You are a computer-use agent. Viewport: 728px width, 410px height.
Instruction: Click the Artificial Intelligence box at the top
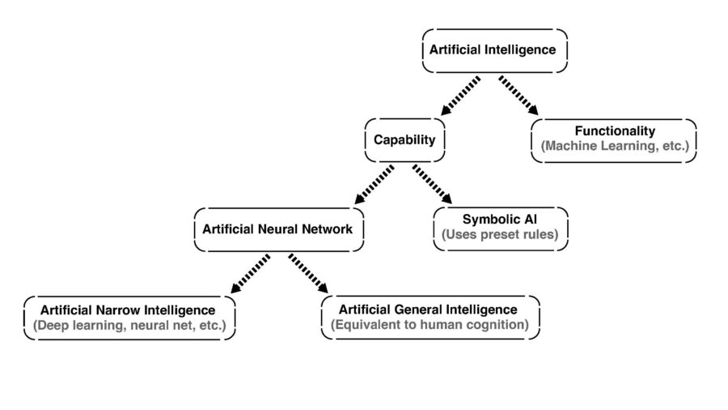[x=493, y=49]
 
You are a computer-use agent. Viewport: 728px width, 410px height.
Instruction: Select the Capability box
[x=404, y=139]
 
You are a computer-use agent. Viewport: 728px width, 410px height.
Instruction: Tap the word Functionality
[x=615, y=130]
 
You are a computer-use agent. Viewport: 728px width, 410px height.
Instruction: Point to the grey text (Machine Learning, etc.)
[x=615, y=147]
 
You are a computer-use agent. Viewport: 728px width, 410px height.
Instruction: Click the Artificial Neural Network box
[x=277, y=229]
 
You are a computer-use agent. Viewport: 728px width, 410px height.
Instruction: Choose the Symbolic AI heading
[x=500, y=220]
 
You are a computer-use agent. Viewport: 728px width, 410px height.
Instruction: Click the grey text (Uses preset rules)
[x=500, y=236]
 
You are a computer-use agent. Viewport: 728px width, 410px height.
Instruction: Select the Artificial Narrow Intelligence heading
[x=128, y=310]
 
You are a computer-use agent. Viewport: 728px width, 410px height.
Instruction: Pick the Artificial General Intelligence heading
[x=428, y=310]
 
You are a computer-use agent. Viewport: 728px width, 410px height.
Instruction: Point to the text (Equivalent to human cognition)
[x=429, y=326]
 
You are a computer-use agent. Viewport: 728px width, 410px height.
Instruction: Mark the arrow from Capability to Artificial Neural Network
[x=374, y=185]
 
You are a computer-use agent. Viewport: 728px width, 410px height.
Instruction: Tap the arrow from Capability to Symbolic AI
[x=434, y=185]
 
